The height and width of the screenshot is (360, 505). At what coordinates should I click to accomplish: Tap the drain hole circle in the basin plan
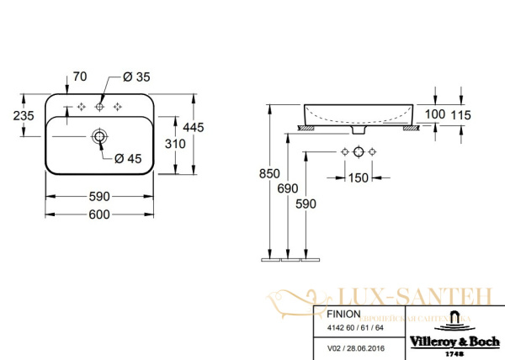coord(99,135)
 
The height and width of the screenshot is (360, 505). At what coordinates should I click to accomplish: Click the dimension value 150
coord(359,177)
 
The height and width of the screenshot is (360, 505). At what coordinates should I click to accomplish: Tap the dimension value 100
coord(434,114)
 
